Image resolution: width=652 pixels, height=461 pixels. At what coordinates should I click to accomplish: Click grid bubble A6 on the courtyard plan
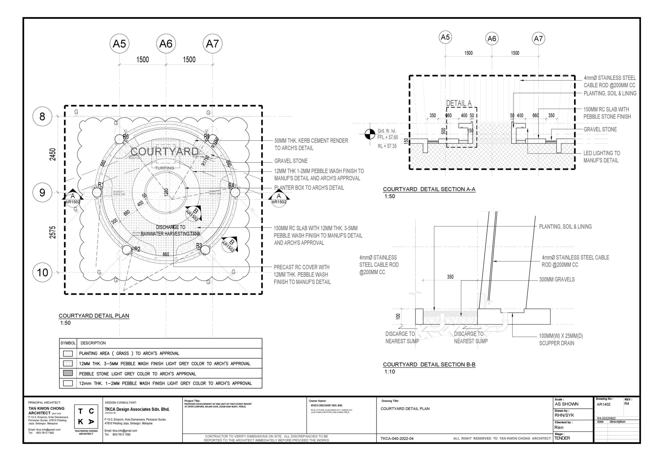166,44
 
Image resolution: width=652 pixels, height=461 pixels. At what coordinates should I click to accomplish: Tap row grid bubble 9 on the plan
42,193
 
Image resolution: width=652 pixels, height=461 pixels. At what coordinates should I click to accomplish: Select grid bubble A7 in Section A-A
538,39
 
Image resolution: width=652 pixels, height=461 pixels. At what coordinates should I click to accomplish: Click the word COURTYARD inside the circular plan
164,151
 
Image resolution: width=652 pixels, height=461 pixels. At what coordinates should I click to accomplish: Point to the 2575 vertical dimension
53,232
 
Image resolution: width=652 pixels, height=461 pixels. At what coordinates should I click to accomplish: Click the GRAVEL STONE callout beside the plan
291,161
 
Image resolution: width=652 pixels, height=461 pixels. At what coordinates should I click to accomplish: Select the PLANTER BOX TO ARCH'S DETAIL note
309,188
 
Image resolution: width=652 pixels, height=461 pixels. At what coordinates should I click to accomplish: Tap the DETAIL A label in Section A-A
459,103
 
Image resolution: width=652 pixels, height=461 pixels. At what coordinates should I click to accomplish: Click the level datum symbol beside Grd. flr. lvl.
370,134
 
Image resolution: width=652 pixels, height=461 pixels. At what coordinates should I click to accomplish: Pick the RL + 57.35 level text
387,146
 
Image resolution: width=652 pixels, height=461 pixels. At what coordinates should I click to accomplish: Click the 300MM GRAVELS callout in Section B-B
557,279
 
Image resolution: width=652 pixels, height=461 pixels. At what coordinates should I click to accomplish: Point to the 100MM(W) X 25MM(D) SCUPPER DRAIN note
561,340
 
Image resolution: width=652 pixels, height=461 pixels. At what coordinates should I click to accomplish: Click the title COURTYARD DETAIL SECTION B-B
429,364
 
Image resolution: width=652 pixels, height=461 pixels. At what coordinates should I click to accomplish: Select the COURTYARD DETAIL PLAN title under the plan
94,316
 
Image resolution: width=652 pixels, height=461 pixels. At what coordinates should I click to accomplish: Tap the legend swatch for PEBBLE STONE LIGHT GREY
68,373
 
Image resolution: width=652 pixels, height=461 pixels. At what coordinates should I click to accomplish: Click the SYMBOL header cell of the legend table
68,343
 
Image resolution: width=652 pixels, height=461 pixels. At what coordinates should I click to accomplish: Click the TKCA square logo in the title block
86,417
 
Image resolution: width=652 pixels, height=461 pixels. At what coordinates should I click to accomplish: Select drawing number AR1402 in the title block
603,404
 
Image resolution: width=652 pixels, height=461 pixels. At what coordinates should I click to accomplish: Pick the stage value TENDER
562,438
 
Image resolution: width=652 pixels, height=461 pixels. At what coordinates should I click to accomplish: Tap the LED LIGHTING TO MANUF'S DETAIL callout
602,157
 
